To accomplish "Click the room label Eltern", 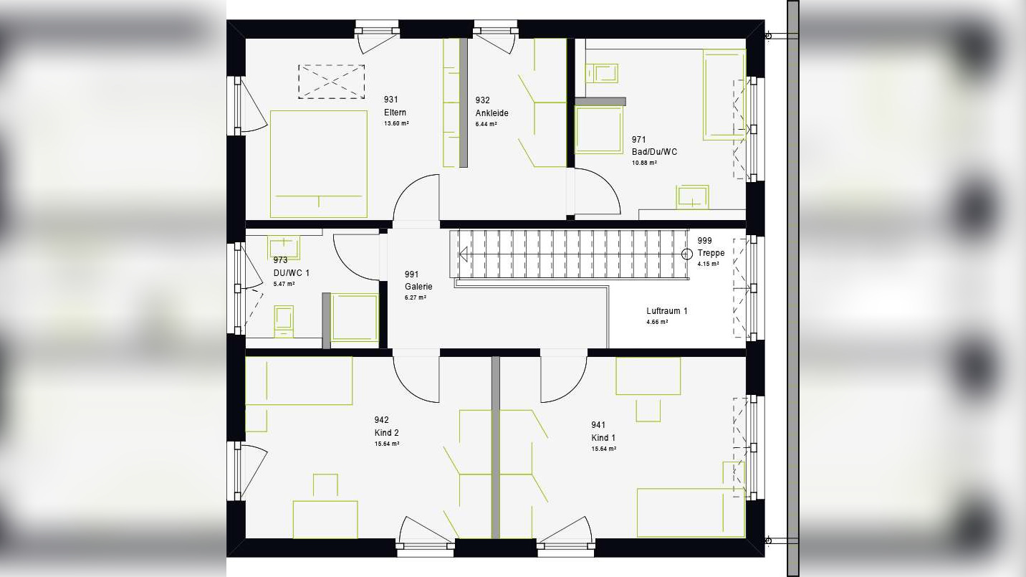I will coord(395,113).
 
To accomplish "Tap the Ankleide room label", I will coord(492,113).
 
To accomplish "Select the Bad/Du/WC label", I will coord(653,152).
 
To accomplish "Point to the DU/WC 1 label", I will coord(291,273).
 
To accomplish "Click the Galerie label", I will coord(418,287).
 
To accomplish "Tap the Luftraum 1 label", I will coord(666,311).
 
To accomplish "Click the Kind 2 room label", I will coord(386,433).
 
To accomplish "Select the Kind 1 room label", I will coord(603,438).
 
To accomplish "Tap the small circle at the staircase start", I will coord(686,254).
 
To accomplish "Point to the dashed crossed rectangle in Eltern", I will coord(331,82).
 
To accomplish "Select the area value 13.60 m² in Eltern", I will coord(396,124).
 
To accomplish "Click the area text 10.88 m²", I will coord(643,163).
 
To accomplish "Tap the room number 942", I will coord(381,420).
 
